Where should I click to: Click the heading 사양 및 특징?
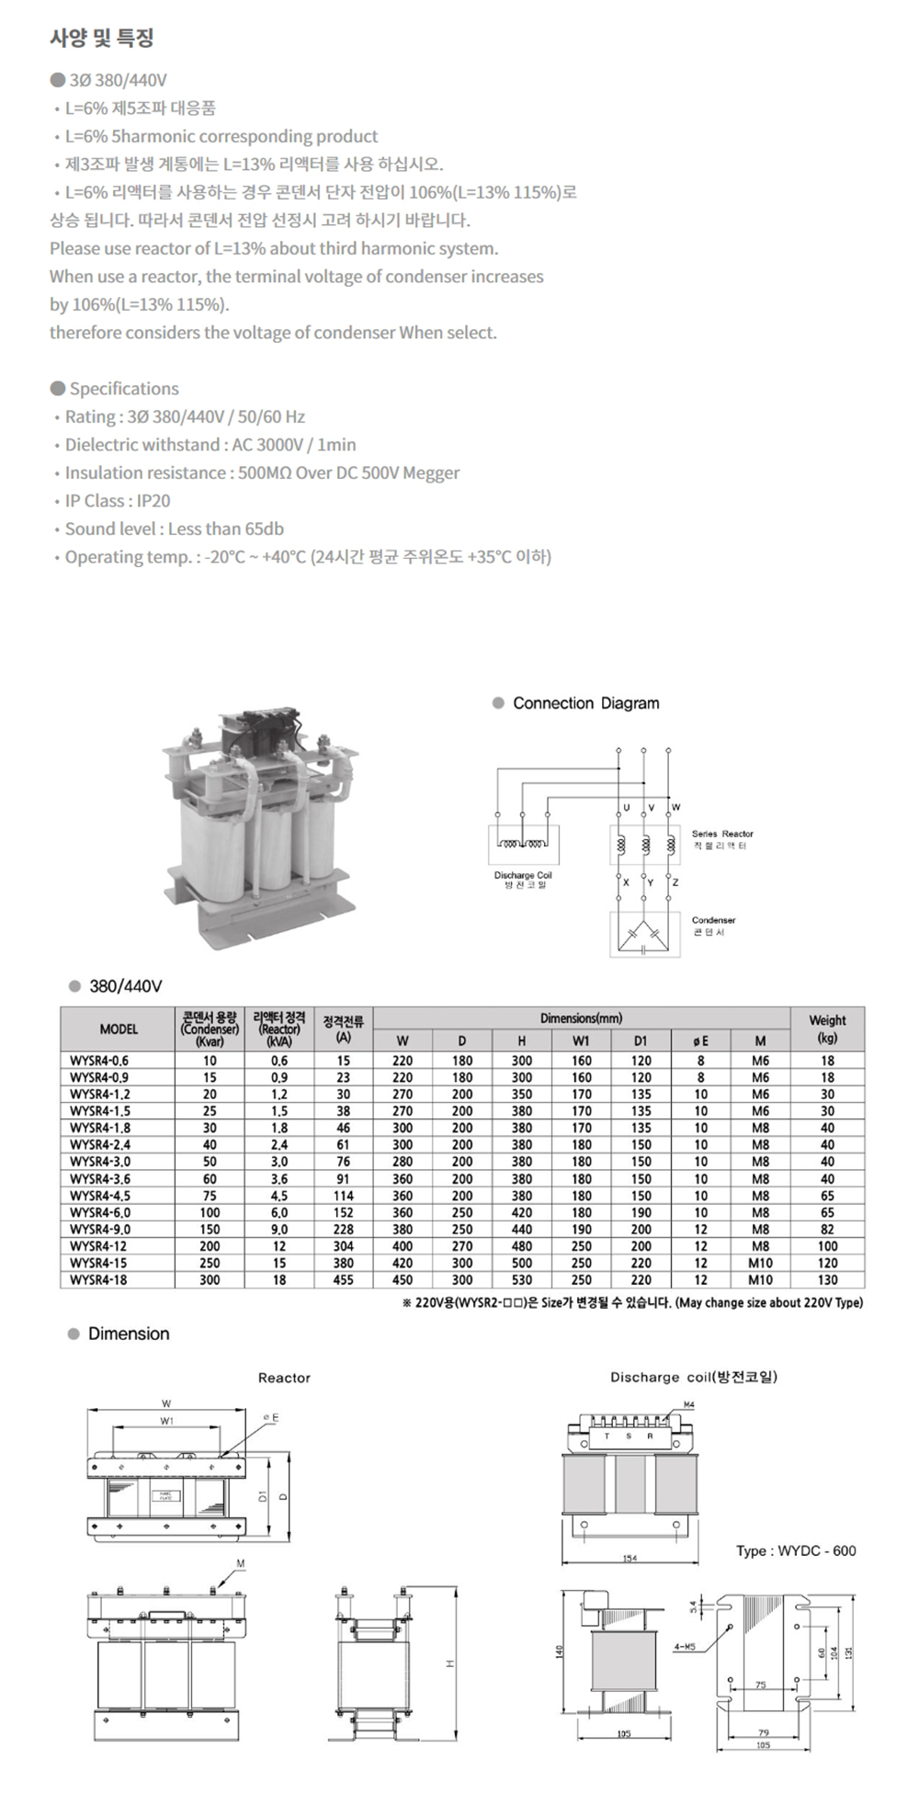pos(101,39)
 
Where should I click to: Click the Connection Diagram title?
pos(585,703)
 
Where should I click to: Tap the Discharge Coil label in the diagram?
pos(523,875)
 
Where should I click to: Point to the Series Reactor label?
pos(722,834)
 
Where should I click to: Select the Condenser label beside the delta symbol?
pos(713,920)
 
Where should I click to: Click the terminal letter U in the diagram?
pos(626,808)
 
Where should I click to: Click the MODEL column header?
pos(119,1029)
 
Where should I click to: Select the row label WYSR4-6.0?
pos(100,1212)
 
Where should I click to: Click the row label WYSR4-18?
pos(98,1279)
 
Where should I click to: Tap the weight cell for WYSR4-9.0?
pos(827,1229)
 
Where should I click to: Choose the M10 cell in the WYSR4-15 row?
pos(760,1263)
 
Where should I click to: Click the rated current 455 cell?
pos(343,1279)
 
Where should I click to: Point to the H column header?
pos(521,1040)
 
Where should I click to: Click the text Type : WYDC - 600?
pos(795,1550)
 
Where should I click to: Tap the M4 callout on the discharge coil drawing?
pos(689,1405)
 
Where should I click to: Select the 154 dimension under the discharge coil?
pos(630,1559)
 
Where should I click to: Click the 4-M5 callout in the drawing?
pos(683,1646)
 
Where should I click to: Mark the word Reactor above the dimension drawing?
pos(284,1378)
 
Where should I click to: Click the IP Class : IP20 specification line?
pos(117,501)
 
